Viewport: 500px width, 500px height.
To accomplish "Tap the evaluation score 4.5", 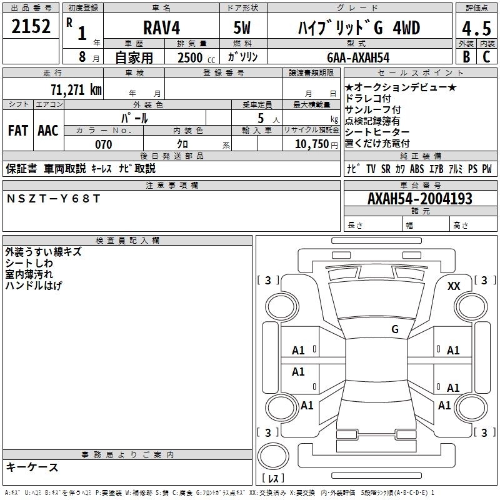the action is click(475, 29).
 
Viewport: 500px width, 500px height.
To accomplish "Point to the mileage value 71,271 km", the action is click(75, 89).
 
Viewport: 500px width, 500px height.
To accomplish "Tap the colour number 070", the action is click(103, 144).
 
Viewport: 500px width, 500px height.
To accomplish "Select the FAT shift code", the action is click(17, 131).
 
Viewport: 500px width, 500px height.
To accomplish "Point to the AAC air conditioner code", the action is click(47, 131).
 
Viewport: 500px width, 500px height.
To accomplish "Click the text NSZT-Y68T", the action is click(52, 198).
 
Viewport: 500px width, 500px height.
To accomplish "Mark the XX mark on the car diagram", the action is click(454, 286).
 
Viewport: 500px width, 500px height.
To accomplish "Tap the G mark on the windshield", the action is click(394, 329).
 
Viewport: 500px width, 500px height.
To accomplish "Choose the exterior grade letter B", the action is click(466, 57).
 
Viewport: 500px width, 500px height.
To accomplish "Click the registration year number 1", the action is click(81, 32).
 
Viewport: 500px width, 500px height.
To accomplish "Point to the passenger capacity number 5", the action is click(259, 117).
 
